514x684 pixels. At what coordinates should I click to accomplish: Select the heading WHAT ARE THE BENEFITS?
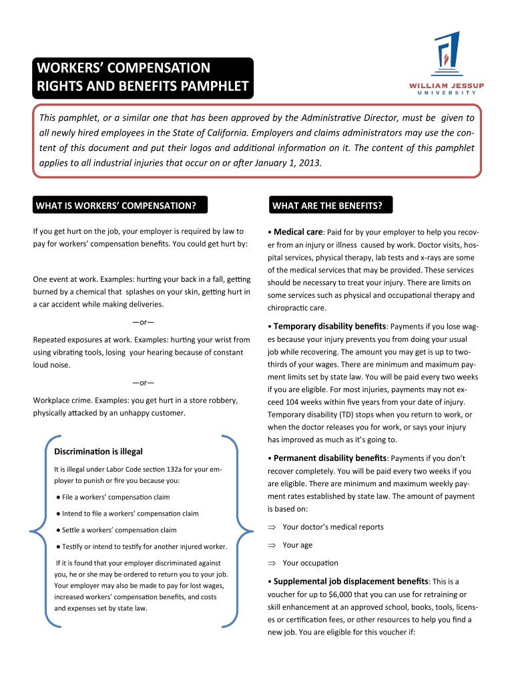[327, 205]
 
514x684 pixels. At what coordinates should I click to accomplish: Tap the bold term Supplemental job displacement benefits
[351, 581]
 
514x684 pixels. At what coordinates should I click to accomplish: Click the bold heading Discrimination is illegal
[98, 452]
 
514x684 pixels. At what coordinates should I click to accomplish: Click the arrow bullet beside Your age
[272, 545]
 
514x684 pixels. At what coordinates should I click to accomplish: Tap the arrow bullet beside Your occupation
[272, 563]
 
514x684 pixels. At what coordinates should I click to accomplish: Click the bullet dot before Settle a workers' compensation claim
[59, 530]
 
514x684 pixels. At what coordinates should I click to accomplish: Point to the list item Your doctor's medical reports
[333, 527]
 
